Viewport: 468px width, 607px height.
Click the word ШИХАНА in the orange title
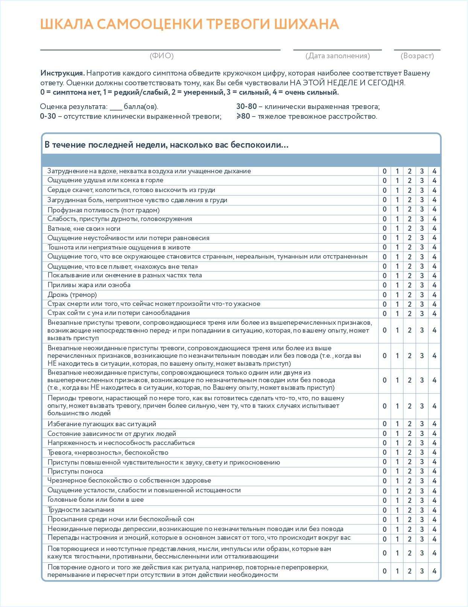306,24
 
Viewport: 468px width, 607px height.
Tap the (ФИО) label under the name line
162,56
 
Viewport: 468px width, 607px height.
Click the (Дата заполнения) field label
337,56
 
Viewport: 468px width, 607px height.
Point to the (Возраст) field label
417,56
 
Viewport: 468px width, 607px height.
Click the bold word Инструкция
62,73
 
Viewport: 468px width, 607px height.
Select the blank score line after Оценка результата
116,107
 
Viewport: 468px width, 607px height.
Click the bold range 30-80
246,107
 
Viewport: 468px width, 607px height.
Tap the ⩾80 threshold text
243,116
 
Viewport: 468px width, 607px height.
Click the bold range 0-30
48,116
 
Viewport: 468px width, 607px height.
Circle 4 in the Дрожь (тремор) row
434,295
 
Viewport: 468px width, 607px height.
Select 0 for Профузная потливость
384,209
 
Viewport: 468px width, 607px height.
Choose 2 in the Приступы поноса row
409,471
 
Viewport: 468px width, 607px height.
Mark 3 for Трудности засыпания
422,510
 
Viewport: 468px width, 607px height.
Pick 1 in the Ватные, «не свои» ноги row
397,229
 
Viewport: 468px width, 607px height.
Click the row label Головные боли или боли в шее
96,500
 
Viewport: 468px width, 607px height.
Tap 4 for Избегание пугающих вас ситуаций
434,424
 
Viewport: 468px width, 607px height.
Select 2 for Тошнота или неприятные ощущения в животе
409,247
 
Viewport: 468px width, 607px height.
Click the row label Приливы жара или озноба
89,285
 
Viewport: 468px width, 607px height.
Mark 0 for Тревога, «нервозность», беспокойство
384,453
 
